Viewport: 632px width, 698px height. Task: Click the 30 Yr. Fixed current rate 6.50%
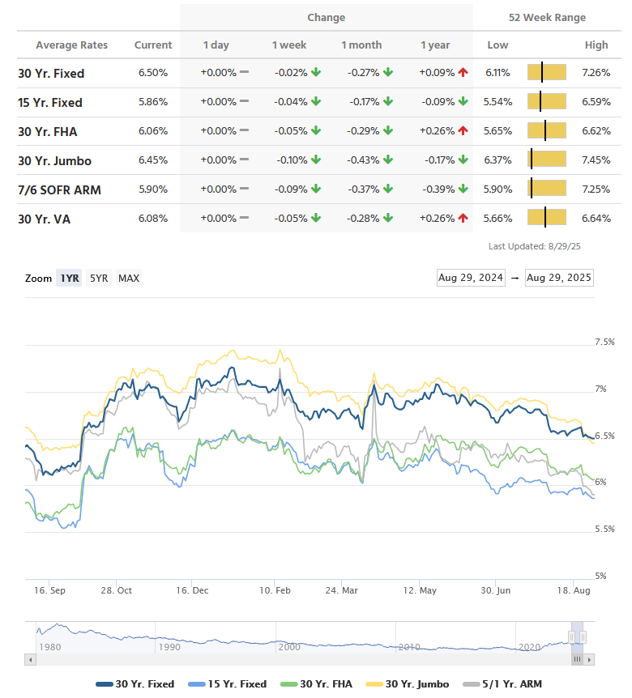click(152, 73)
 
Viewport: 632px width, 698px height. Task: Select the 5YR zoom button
click(99, 278)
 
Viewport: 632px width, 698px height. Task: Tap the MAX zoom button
click(129, 278)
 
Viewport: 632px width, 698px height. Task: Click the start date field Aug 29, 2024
click(471, 278)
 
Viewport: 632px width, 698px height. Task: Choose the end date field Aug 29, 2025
click(559, 278)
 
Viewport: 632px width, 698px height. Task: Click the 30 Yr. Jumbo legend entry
click(414, 683)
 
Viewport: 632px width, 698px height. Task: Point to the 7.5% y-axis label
click(604, 343)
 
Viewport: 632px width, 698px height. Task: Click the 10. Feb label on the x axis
click(275, 590)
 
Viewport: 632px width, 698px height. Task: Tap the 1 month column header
click(361, 45)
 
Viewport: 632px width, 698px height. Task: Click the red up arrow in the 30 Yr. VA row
click(463, 218)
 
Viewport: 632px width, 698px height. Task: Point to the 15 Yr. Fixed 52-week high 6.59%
click(596, 102)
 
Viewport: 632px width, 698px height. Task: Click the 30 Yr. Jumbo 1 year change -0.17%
click(437, 160)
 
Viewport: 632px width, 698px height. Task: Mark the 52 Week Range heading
click(547, 18)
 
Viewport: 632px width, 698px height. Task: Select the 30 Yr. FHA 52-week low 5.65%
click(497, 131)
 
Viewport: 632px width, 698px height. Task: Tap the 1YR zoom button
click(70, 278)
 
